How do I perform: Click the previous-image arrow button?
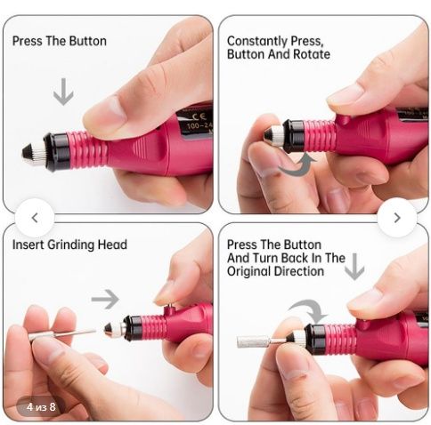point(35,218)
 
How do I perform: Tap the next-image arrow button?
point(397,218)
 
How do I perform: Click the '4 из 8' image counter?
point(41,406)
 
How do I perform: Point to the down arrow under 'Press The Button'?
point(63,92)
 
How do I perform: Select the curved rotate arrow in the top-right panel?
point(298,167)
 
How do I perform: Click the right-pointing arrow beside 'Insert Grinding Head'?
point(105,300)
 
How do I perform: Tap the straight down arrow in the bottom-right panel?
point(354,267)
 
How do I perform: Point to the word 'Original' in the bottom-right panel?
point(248,272)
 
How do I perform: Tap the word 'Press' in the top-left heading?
point(27,41)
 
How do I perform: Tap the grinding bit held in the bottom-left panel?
point(62,335)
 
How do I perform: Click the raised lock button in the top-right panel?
point(344,119)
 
